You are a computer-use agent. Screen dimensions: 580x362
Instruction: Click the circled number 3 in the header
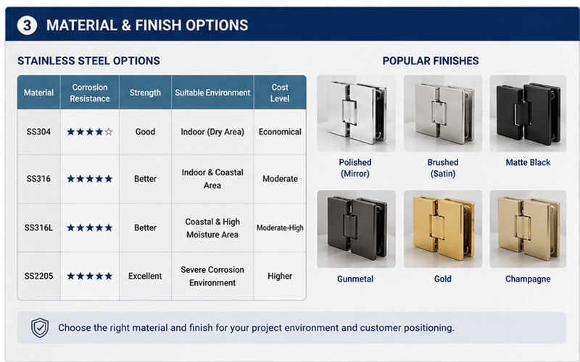click(x=27, y=25)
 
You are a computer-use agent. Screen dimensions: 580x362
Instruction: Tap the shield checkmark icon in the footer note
click(x=40, y=328)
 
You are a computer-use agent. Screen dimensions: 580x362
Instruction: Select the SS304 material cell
click(x=38, y=132)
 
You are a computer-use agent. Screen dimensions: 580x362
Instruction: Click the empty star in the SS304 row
click(x=108, y=132)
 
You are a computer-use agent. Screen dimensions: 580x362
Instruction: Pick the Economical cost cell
click(x=280, y=132)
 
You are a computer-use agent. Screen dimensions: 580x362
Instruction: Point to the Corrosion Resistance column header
click(x=90, y=93)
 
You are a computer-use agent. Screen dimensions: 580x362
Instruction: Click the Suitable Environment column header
click(x=212, y=93)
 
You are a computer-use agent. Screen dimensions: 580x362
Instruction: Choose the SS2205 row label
click(x=39, y=276)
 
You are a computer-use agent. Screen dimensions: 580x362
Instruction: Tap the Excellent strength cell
click(x=145, y=276)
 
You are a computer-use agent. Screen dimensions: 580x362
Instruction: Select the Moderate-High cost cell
click(x=280, y=228)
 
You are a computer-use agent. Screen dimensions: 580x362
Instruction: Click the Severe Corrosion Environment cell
click(x=212, y=276)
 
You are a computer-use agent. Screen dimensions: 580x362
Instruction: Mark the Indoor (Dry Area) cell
click(x=212, y=132)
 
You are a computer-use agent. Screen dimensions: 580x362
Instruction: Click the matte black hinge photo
click(x=528, y=114)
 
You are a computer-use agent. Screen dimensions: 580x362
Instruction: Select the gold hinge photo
click(x=443, y=229)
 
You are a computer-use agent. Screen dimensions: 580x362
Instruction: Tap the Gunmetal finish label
click(x=355, y=279)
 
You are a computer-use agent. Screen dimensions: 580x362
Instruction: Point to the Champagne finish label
click(x=528, y=279)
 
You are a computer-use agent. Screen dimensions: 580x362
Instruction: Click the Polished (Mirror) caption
click(x=355, y=168)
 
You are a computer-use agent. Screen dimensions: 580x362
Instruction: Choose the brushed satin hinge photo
click(x=443, y=114)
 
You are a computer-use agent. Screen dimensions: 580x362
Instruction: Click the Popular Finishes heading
click(x=431, y=61)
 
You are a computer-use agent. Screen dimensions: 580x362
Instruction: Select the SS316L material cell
click(x=38, y=228)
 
